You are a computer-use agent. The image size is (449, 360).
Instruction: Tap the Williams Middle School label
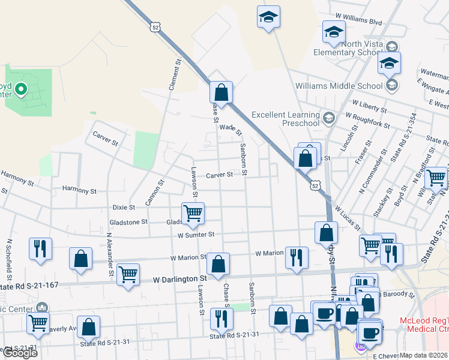(x=339, y=86)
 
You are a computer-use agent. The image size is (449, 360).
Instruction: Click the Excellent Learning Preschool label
(x=286, y=119)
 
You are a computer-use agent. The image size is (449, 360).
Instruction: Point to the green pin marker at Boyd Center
(x=21, y=90)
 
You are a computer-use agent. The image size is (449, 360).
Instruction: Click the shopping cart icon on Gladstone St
(x=193, y=214)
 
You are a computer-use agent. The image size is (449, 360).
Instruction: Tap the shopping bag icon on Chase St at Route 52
(x=221, y=93)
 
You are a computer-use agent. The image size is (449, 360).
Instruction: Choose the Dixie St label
(x=124, y=207)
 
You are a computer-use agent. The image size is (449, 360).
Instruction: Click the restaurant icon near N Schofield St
(x=40, y=249)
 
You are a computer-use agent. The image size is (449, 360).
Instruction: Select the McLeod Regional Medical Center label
(x=424, y=325)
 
